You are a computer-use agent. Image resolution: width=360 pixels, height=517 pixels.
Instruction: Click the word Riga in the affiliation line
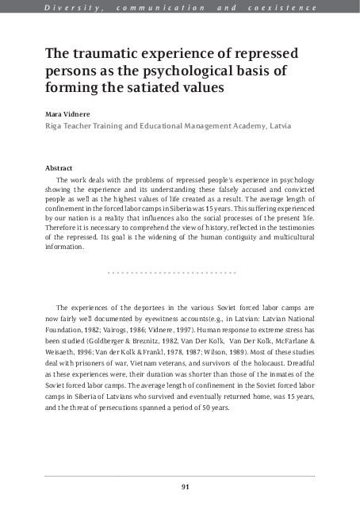[54, 125]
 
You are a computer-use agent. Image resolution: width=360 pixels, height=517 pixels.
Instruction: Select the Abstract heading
[59, 168]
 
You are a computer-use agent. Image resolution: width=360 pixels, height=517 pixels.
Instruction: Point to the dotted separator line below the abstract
[171, 273]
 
